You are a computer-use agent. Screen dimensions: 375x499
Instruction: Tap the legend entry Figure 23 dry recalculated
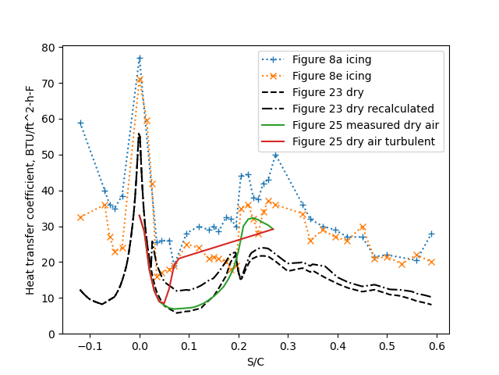[x=363, y=109]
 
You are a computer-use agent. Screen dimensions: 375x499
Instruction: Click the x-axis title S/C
[x=256, y=362]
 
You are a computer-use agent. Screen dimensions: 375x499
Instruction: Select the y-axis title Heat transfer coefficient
[x=30, y=191]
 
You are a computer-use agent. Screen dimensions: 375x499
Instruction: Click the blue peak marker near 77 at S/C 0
[x=140, y=59]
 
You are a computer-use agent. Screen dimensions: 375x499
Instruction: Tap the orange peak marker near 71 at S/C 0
[x=140, y=80]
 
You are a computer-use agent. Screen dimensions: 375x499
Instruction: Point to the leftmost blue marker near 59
[x=80, y=123]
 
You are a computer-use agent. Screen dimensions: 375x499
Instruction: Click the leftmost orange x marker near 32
[x=80, y=217]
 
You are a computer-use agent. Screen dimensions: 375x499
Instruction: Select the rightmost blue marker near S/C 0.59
[x=431, y=234]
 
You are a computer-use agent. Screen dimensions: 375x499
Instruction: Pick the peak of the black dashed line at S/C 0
[x=139, y=134]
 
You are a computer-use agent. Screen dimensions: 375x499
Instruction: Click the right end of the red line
[x=273, y=229]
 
